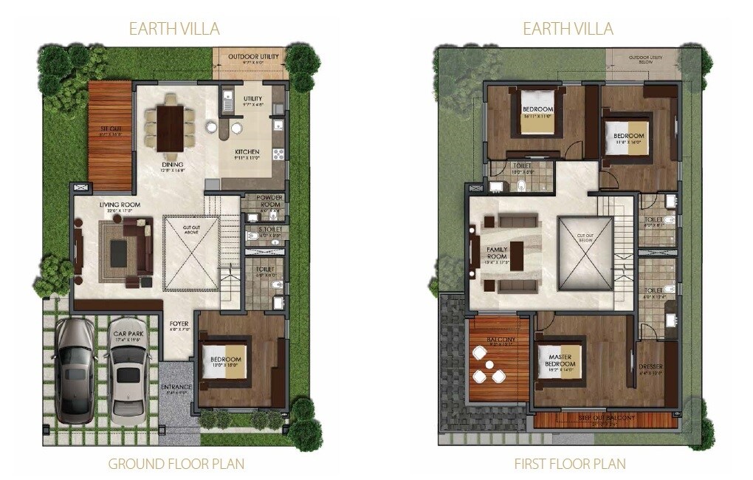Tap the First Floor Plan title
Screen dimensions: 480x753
pos(569,464)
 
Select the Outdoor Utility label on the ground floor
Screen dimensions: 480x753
pos(252,57)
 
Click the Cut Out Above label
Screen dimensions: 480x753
pos(191,230)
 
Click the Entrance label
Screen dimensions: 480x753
pos(176,387)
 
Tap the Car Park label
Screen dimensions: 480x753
pos(128,335)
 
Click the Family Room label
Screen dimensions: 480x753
pos(496,253)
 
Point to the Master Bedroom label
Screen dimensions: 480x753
pos(559,360)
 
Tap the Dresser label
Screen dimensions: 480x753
pos(650,367)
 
